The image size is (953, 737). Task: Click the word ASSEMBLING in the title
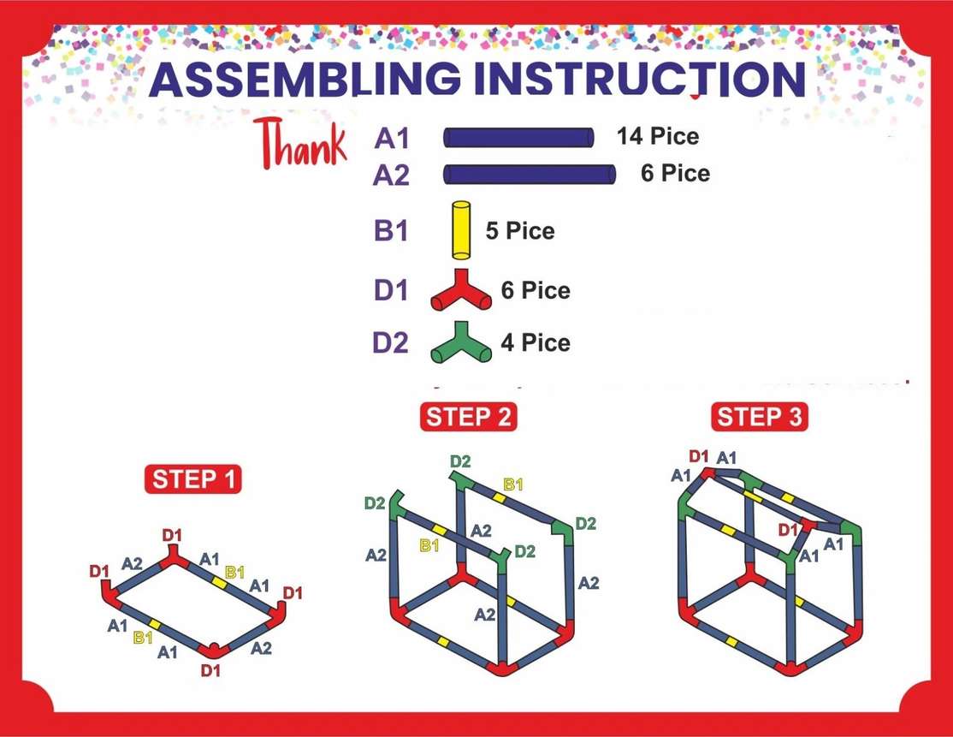tap(305, 79)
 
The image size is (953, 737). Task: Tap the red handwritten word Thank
tap(301, 144)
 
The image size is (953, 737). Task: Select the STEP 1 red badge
tap(193, 479)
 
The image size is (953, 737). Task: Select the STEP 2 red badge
tap(468, 417)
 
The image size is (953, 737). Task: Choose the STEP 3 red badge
tap(759, 417)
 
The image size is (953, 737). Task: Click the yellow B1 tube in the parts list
tap(461, 230)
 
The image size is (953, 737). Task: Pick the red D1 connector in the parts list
tap(461, 290)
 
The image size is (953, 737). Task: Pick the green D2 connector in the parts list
tap(461, 342)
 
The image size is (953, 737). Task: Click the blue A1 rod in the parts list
tap(518, 138)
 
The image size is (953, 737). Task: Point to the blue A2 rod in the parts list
tap(530, 174)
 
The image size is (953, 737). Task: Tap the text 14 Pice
tap(658, 136)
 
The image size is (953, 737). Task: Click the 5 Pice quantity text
tap(520, 231)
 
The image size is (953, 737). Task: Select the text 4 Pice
tap(536, 343)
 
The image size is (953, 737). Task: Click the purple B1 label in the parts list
tap(390, 231)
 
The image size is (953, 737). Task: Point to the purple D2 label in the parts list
tap(390, 343)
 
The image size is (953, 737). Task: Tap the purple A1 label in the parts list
tap(392, 139)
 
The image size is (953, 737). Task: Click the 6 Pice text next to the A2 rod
tap(675, 173)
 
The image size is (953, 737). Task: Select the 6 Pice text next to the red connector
tap(536, 291)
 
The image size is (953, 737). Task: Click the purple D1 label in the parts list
tap(390, 291)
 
